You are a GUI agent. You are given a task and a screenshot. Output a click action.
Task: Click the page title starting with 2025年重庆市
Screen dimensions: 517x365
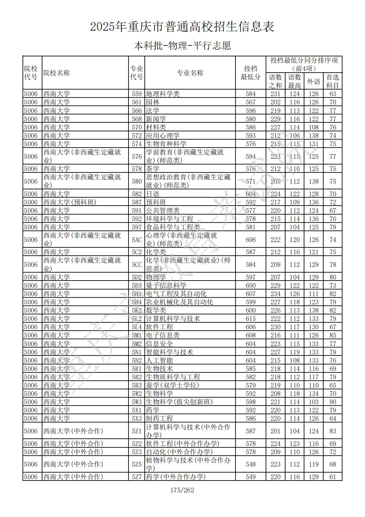pos(182,27)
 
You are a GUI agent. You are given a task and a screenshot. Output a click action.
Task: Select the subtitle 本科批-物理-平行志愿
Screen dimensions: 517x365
pos(182,45)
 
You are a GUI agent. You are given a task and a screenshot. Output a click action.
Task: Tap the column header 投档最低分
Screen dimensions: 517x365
pos(250,73)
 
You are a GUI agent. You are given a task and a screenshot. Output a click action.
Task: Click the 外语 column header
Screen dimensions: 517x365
pos(313,81)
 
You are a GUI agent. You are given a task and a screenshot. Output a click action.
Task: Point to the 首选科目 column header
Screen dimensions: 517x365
pos(333,81)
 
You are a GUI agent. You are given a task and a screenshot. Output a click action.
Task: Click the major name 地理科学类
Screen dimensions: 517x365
pos(163,94)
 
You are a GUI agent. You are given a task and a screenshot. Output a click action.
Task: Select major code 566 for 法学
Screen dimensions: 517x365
pos(136,111)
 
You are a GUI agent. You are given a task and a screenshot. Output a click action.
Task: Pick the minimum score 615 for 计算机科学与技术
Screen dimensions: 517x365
pos(251,319)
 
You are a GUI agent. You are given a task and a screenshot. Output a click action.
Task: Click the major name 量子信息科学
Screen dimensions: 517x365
pos(166,286)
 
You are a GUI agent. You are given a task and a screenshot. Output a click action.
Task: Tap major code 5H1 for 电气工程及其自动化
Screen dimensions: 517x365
pos(136,294)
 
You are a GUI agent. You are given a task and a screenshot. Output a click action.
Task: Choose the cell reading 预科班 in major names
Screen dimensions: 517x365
pos(156,202)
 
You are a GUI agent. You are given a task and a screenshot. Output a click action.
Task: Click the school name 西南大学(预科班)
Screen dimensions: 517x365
pos(70,202)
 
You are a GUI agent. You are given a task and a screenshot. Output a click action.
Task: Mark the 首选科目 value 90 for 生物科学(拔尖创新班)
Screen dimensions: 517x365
pos(333,402)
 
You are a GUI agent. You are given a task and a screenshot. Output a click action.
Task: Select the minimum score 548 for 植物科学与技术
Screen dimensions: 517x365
pos(251,464)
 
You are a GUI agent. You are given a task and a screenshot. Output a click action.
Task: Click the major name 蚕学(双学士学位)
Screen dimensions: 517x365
pos(173,385)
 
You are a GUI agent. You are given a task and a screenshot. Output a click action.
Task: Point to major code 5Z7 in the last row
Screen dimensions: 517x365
pos(136,477)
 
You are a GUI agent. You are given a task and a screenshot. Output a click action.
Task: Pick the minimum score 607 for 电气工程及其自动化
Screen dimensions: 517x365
pos(251,294)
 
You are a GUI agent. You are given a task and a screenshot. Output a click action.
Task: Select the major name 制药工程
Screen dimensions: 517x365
pos(159,419)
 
